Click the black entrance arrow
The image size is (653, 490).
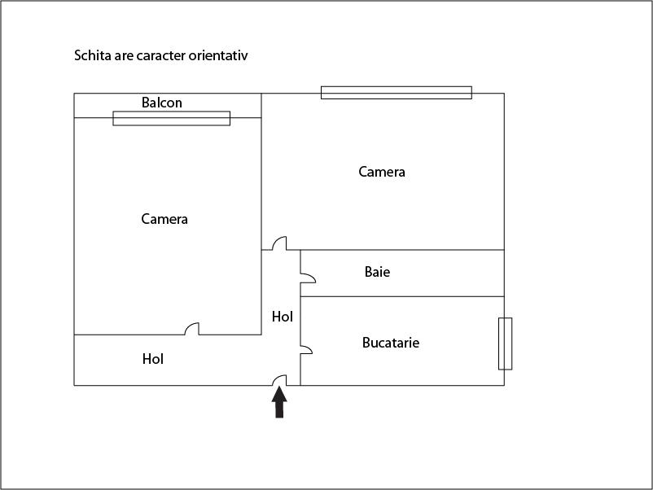(279, 402)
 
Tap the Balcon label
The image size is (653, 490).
(162, 103)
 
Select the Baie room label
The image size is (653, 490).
(377, 272)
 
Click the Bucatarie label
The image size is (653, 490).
(391, 343)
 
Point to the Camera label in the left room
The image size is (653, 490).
(164, 219)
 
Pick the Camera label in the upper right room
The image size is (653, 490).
(382, 172)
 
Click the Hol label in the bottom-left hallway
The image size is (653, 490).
(153, 358)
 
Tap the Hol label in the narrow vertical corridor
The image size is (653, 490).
(283, 317)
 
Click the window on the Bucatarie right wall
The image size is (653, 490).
(505, 343)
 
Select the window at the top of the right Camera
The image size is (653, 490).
(396, 93)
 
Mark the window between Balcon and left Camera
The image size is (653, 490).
(171, 118)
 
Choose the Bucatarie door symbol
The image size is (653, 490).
(307, 349)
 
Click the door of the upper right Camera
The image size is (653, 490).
(279, 243)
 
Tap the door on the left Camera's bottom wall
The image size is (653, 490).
(192, 329)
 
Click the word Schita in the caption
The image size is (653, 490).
(94, 56)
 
